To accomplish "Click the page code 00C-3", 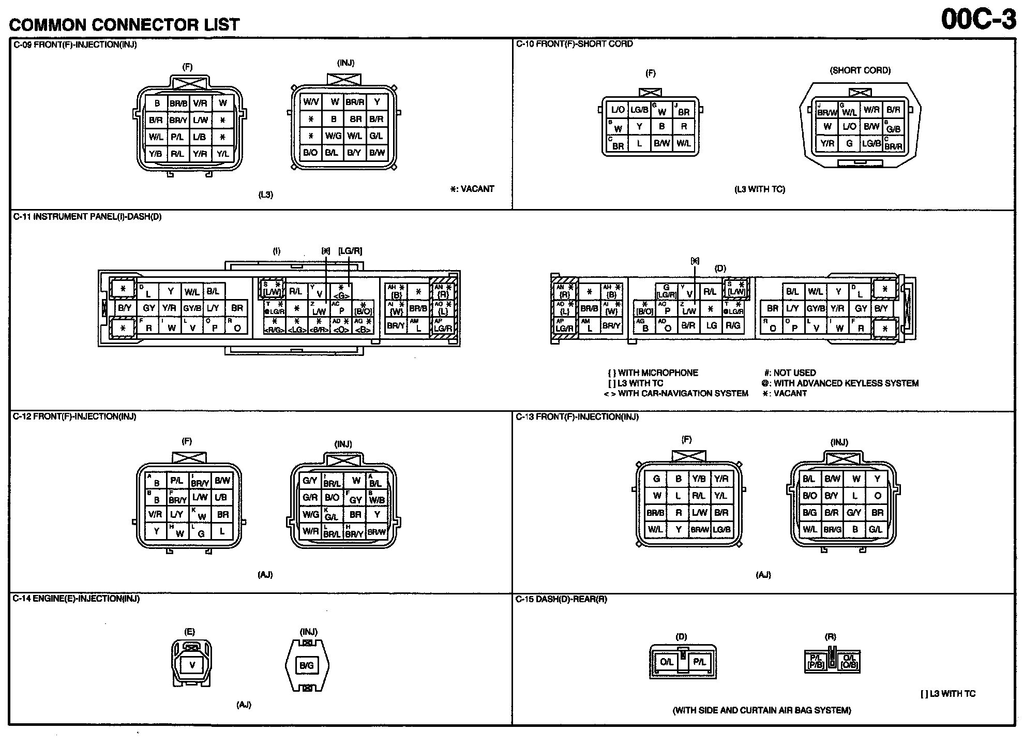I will pyautogui.click(x=977, y=19).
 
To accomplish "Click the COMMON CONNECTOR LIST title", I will pyautogui.click(x=125, y=24).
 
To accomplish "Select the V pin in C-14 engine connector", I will pyautogui.click(x=192, y=665).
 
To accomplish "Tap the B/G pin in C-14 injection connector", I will pyautogui.click(x=307, y=665).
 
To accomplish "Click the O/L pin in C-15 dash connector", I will pyautogui.click(x=666, y=662).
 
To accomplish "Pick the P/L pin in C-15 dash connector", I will pyautogui.click(x=699, y=662).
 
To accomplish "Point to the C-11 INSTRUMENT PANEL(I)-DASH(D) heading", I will pyautogui.click(x=87, y=217).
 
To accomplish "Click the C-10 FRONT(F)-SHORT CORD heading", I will pyautogui.click(x=574, y=44).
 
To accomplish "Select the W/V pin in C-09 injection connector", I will pyautogui.click(x=311, y=102).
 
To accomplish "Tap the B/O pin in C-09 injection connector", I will pyautogui.click(x=310, y=152).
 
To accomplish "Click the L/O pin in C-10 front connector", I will pyautogui.click(x=618, y=110).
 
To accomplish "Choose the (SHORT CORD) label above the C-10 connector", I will pyautogui.click(x=860, y=70).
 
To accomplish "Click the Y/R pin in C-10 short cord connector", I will pyautogui.click(x=827, y=143).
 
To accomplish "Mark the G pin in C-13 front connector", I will pyautogui.click(x=656, y=479).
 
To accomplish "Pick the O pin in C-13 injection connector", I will pyautogui.click(x=877, y=496).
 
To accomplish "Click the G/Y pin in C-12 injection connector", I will pyautogui.click(x=310, y=481).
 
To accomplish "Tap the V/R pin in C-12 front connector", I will pyautogui.click(x=155, y=514).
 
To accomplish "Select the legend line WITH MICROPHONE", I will pyautogui.click(x=653, y=373).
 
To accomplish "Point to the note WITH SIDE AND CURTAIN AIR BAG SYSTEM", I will pyautogui.click(x=761, y=710).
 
